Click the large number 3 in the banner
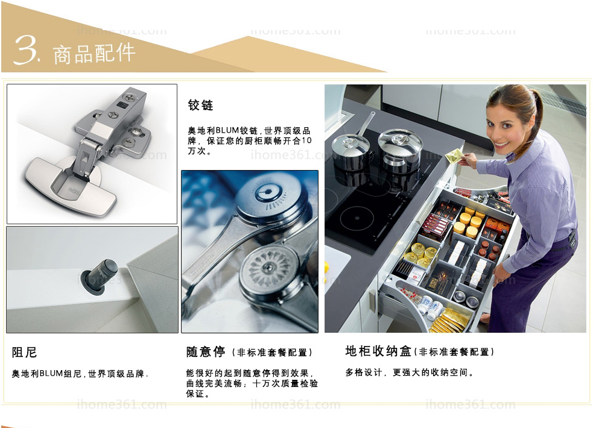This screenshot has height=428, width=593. coord(25,50)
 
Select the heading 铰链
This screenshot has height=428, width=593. coord(200,105)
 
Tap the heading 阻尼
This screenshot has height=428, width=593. coord(24,352)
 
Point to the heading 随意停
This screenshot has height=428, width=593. coord(206,351)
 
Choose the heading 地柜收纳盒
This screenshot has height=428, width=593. coord(378,351)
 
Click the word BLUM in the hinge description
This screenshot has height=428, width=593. coord(227,131)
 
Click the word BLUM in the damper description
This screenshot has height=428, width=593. coord(51,374)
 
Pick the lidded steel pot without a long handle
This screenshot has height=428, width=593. coord(401,150)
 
